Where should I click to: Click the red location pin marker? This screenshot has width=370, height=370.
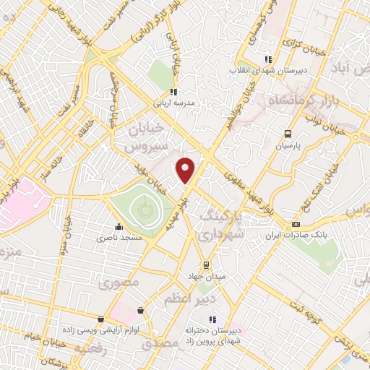[186, 170]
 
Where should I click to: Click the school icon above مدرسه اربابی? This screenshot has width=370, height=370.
[172, 92]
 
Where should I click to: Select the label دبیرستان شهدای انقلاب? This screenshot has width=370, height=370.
[269, 70]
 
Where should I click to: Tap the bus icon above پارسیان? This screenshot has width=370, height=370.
[288, 134]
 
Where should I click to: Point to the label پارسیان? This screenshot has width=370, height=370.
[288, 145]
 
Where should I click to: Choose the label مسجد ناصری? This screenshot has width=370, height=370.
[121, 236]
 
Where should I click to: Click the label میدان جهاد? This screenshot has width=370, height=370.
[207, 276]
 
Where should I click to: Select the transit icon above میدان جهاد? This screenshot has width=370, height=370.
[207, 264]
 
